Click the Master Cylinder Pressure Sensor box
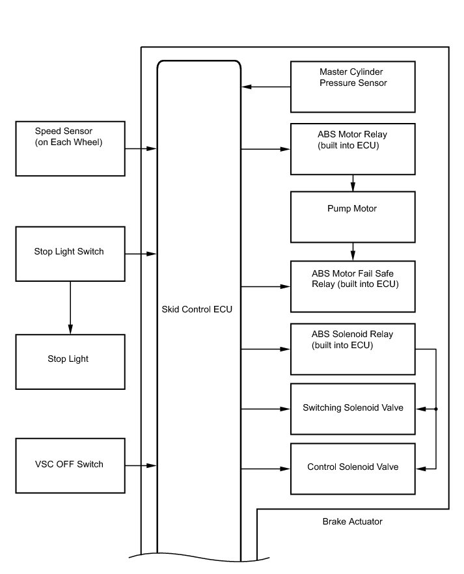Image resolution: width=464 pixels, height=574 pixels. (x=353, y=87)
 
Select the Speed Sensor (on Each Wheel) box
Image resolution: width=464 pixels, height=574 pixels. (x=70, y=148)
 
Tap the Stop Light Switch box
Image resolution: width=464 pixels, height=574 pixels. (x=70, y=254)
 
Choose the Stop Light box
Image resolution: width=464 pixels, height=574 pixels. (x=70, y=362)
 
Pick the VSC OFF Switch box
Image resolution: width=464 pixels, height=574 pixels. (x=70, y=466)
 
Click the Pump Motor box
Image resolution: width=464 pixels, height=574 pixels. (x=353, y=217)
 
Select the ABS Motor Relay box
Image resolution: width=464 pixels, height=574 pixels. (x=353, y=149)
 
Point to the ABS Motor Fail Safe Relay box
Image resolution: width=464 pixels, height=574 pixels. (x=353, y=286)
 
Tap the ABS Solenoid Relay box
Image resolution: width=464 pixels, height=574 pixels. (x=353, y=349)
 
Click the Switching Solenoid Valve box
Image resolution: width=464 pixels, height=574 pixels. (x=353, y=409)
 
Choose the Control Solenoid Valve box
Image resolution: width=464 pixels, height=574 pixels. (x=353, y=469)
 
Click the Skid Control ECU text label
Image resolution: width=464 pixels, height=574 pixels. (x=197, y=309)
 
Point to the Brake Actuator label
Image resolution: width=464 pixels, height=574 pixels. (x=352, y=522)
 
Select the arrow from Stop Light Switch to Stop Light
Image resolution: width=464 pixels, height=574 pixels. (x=70, y=308)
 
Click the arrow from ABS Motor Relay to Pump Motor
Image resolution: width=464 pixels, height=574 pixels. (x=353, y=183)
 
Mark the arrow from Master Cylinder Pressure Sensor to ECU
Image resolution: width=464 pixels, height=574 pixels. (x=266, y=87)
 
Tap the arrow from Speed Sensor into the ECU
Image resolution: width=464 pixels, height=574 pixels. (x=141, y=148)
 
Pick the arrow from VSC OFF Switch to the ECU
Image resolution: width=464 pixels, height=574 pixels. (x=141, y=466)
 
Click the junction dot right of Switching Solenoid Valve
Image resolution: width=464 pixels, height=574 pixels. (x=436, y=409)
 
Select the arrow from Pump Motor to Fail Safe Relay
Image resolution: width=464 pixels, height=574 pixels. (x=353, y=251)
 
